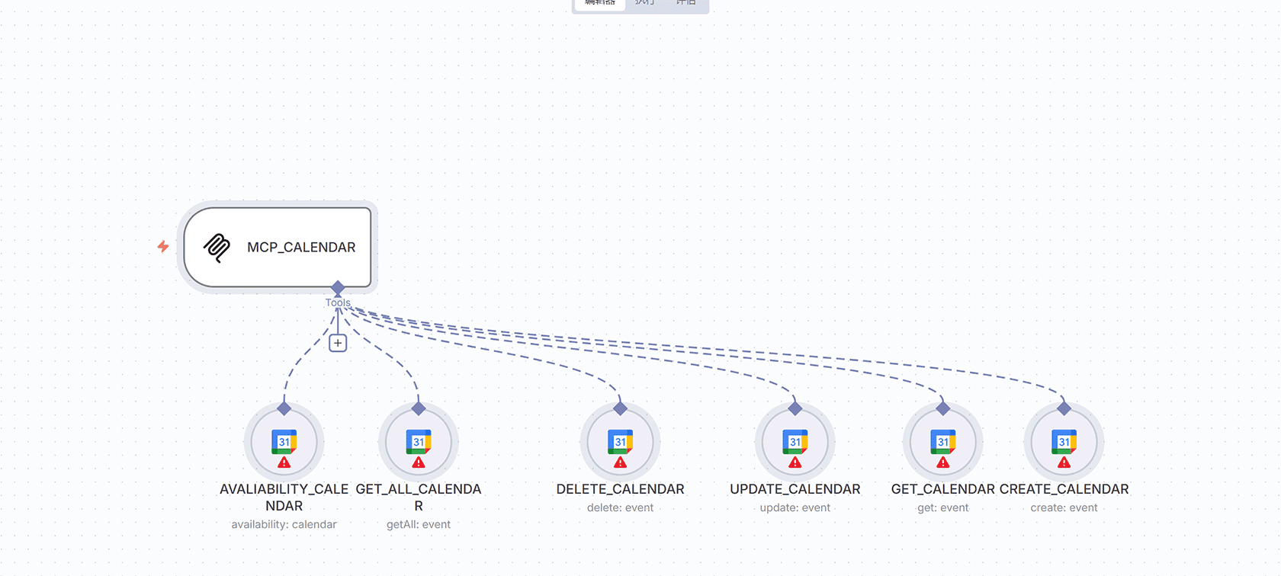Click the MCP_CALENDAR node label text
pyautogui.click(x=301, y=248)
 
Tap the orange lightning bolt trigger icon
pyautogui.click(x=163, y=246)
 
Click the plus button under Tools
pyautogui.click(x=338, y=343)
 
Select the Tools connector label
pyautogui.click(x=338, y=302)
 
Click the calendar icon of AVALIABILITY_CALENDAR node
pyautogui.click(x=284, y=441)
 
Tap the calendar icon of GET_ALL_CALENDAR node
pyautogui.click(x=419, y=441)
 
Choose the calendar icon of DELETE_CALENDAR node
pyautogui.click(x=621, y=441)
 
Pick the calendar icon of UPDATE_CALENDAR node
pyautogui.click(x=795, y=441)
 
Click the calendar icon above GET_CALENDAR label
pyautogui.click(x=943, y=441)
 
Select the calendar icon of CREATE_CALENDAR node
pyautogui.click(x=1064, y=441)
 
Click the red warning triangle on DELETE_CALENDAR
pyautogui.click(x=621, y=462)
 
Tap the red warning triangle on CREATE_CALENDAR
pyautogui.click(x=1064, y=462)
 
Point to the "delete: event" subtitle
pyautogui.click(x=621, y=507)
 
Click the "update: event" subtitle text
pyautogui.click(x=795, y=507)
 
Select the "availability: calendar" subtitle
pyautogui.click(x=284, y=524)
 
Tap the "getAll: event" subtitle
pyautogui.click(x=419, y=524)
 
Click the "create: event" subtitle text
pyautogui.click(x=1064, y=507)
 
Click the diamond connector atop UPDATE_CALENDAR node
pyautogui.click(x=795, y=409)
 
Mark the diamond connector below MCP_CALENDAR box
pyautogui.click(x=338, y=288)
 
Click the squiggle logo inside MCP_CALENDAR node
pyautogui.click(x=217, y=248)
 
